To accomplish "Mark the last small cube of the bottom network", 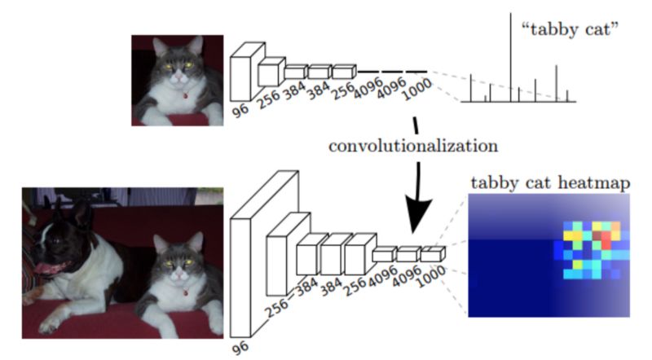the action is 433,254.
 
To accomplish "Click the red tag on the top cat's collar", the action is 185,95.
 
